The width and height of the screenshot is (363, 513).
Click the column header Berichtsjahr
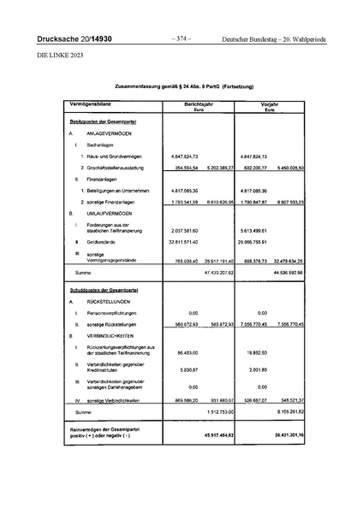click(198, 127)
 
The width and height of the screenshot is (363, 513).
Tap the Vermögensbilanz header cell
click(90, 127)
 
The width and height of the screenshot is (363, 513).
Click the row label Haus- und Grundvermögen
click(117, 157)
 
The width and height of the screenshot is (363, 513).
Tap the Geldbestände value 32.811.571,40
click(179, 243)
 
